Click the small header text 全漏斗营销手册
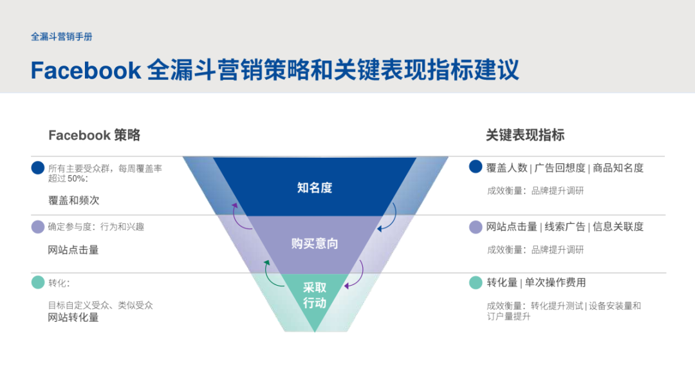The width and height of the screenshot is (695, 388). coord(62,37)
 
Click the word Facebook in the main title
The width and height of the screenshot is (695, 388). coord(86,70)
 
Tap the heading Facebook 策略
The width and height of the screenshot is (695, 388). coord(94,135)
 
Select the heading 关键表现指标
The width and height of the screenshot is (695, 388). coord(525,135)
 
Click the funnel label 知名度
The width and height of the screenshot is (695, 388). coord(315,188)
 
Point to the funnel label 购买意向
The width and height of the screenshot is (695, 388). coord(315,244)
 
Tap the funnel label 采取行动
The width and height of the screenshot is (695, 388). coord(315,295)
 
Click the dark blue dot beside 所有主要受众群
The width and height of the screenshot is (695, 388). coord(38,168)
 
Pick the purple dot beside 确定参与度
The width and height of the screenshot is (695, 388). coord(38,227)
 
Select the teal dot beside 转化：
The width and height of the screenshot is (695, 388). coord(38,282)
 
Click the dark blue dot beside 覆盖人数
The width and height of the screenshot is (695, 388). coord(476,167)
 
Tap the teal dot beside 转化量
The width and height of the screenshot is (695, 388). coord(476,282)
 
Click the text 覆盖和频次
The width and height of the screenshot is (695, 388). coord(74,200)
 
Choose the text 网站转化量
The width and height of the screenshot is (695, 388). coord(74,317)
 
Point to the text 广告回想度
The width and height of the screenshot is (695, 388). coord(560,168)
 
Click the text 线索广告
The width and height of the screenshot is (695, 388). coord(565,226)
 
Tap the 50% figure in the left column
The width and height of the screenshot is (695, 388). coord(77,178)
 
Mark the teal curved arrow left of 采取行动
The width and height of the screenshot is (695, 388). coord(273,274)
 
